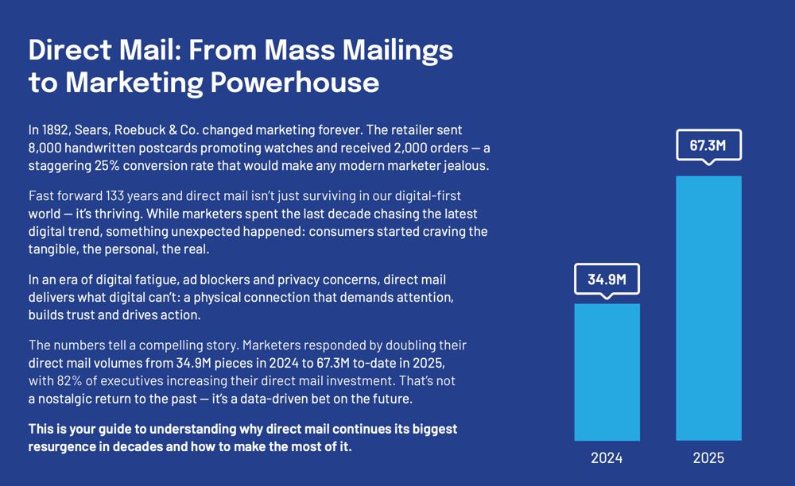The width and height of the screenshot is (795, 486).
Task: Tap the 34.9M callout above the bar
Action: pyautogui.click(x=607, y=279)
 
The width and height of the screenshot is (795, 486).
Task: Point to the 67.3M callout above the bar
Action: pyautogui.click(x=708, y=145)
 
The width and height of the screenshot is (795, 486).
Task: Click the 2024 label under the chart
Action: pyautogui.click(x=607, y=458)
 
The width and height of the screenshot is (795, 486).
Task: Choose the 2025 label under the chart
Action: pyautogui.click(x=708, y=458)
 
